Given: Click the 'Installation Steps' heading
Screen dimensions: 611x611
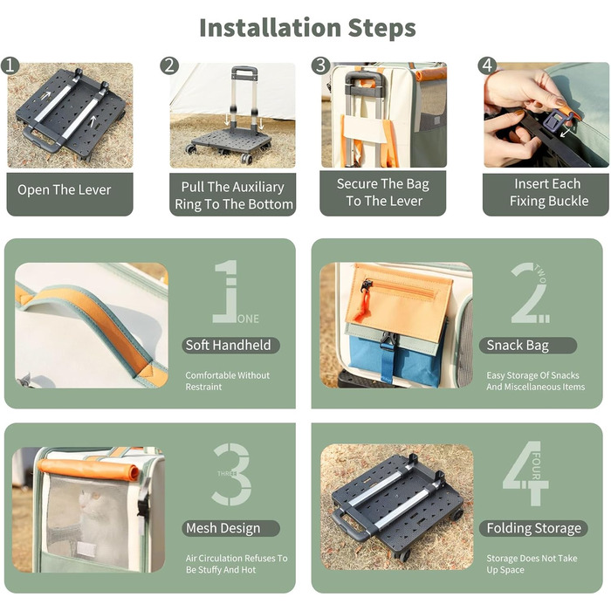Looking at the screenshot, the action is [307, 28].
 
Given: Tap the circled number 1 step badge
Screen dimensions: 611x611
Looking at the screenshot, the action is [10, 65].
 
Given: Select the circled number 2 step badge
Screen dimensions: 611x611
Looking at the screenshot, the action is [169, 65].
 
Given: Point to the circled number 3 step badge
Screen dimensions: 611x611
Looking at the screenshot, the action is [320, 65].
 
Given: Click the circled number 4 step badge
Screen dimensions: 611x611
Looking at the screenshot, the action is [487, 65].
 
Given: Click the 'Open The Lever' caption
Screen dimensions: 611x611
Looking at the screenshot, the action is [65, 189].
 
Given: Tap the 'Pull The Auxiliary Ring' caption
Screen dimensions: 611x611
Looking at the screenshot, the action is [233, 196].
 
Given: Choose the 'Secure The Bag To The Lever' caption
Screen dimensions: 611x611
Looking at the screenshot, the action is [383, 192].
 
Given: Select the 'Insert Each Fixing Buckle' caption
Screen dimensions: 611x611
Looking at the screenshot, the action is [549, 192].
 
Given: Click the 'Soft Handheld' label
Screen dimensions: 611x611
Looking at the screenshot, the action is [229, 346].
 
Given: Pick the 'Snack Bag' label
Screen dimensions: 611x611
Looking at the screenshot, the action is [518, 346].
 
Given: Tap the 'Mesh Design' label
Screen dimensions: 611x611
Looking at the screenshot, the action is [223, 528].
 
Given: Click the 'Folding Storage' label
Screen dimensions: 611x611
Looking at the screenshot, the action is [534, 528].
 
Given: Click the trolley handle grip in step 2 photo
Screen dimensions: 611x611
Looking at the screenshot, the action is [244, 72].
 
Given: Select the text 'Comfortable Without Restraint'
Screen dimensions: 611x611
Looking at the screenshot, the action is [227, 381].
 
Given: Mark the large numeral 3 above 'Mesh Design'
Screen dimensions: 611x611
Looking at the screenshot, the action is [231, 474].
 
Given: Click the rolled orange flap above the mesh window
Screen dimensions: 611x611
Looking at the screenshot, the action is [88, 469].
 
